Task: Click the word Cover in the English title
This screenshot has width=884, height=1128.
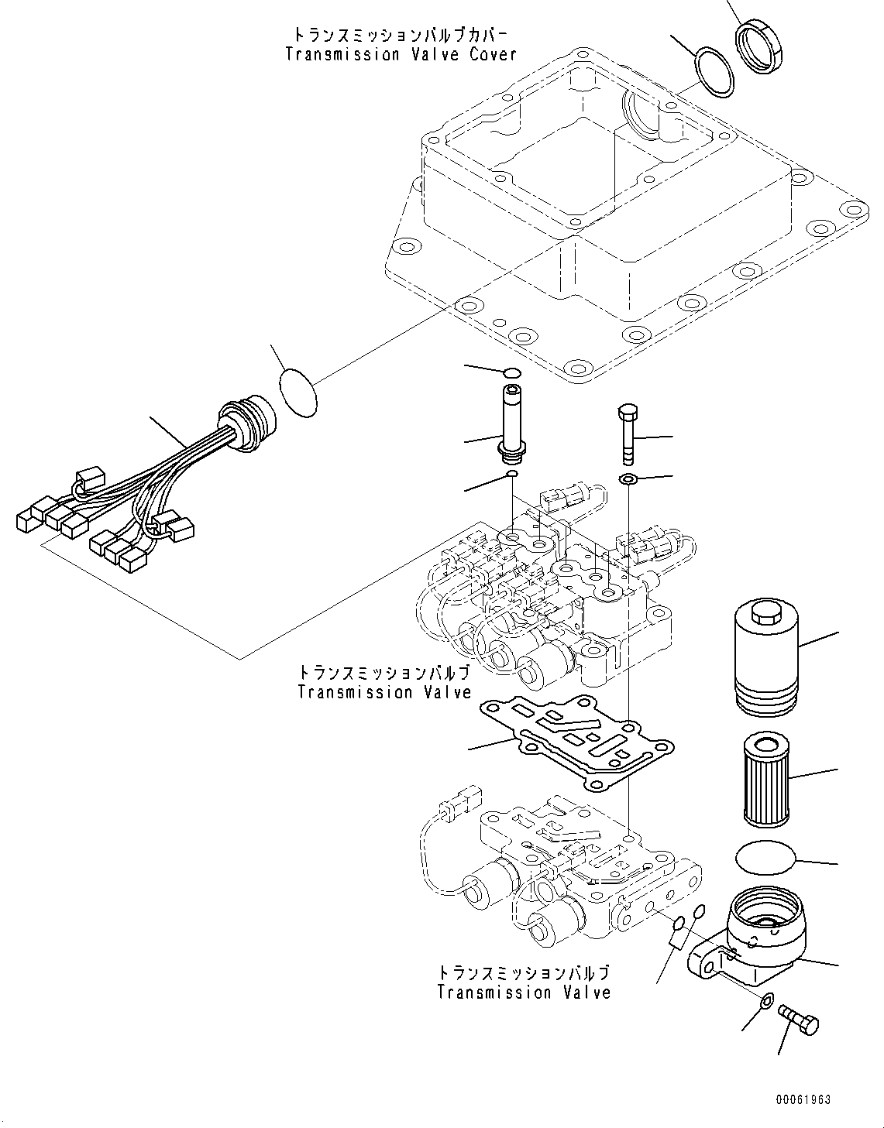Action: tap(492, 54)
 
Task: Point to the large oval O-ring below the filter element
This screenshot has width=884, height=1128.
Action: tap(764, 859)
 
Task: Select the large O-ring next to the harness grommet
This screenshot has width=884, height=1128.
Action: tap(298, 393)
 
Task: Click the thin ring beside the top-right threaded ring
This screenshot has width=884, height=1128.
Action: tap(714, 74)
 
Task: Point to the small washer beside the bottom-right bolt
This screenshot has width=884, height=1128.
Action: tap(765, 1001)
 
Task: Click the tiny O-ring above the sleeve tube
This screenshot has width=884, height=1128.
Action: tap(512, 375)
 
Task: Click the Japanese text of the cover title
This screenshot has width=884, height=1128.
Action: tap(400, 35)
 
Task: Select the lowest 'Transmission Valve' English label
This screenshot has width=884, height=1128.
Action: tap(523, 993)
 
